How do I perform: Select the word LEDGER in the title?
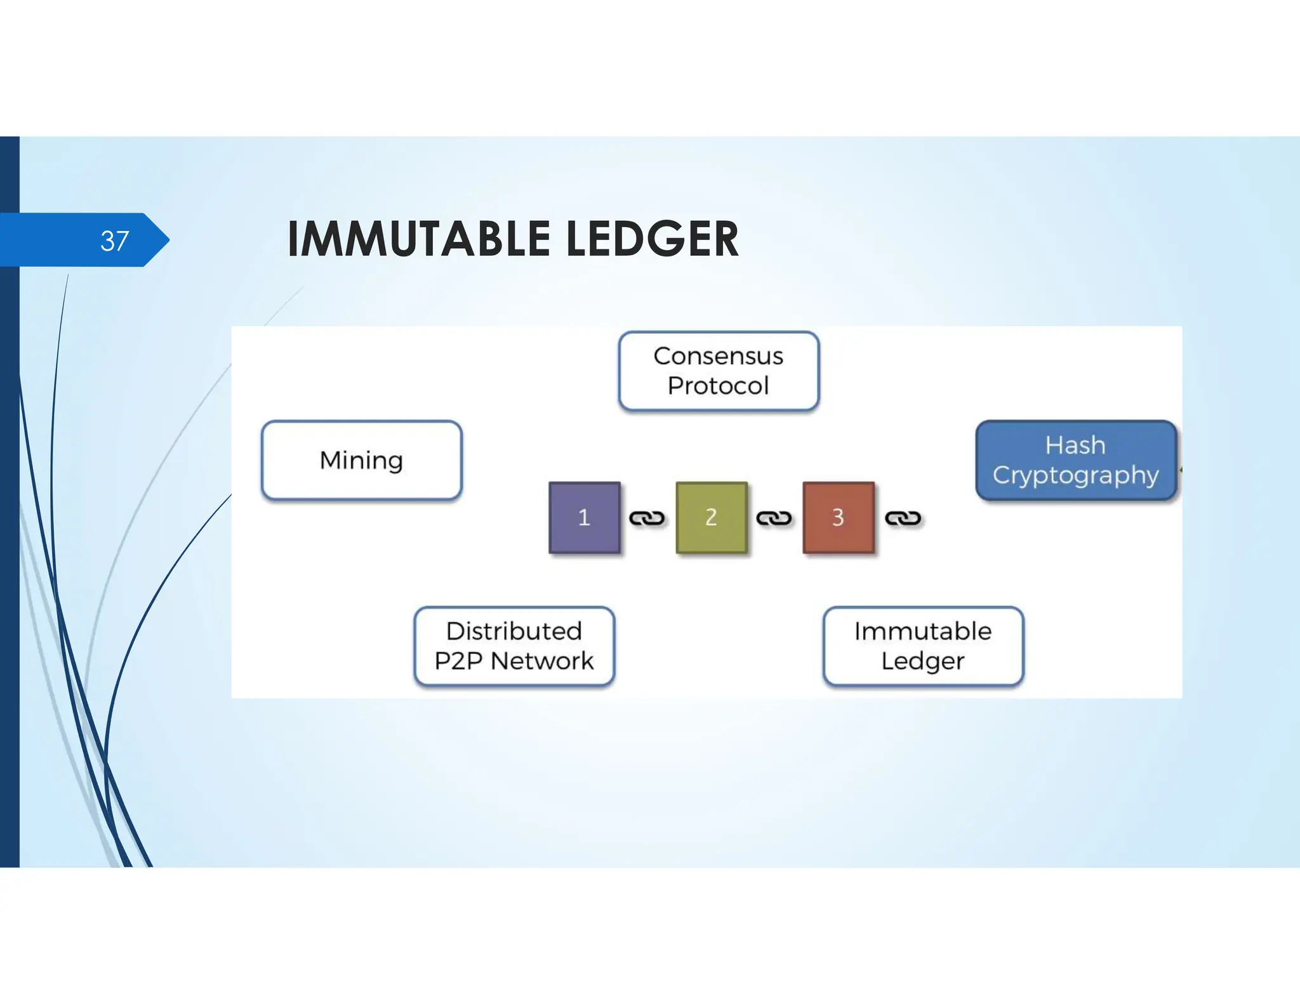click(x=652, y=239)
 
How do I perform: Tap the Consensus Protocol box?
click(x=719, y=371)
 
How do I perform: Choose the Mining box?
click(x=361, y=460)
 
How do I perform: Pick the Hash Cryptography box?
click(x=1075, y=460)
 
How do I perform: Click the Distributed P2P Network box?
click(x=514, y=646)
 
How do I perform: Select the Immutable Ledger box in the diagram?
click(x=923, y=646)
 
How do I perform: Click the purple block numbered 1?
click(x=584, y=517)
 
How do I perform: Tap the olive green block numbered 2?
click(x=711, y=517)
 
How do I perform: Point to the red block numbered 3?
click(x=838, y=517)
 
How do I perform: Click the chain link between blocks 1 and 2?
click(x=647, y=519)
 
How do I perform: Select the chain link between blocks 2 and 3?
click(x=774, y=519)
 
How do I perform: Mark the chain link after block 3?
click(x=903, y=519)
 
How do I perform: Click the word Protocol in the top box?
click(x=719, y=386)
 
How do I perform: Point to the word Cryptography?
click(x=1075, y=475)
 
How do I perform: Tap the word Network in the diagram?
click(x=542, y=661)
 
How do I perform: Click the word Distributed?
click(x=514, y=631)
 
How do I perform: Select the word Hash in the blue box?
click(x=1075, y=446)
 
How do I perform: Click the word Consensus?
click(x=719, y=356)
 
